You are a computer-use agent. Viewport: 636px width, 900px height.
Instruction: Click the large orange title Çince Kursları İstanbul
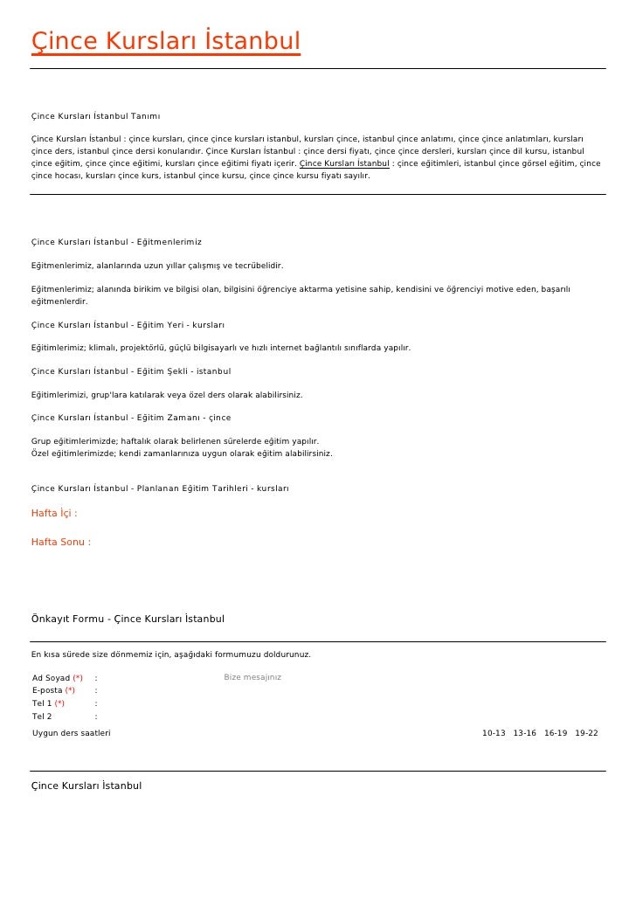pos(165,41)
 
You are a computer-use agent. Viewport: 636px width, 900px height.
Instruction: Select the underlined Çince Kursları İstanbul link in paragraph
pos(344,163)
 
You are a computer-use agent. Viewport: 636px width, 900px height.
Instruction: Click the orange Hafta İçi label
pos(54,514)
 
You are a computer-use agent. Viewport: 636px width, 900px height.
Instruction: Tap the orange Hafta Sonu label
pos(61,543)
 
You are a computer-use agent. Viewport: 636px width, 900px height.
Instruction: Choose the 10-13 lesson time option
pos(494,734)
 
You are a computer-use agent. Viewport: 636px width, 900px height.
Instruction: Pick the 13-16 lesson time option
pos(524,734)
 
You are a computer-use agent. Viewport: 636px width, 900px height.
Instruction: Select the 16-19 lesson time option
pos(556,734)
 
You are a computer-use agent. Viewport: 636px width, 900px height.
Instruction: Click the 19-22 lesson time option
pos(586,734)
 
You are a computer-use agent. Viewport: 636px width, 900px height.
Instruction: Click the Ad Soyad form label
pos(51,678)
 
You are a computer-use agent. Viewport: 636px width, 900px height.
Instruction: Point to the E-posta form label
pos(48,691)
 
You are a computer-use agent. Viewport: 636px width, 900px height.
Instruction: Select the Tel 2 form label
pos(42,717)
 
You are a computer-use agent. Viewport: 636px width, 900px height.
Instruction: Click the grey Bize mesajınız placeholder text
pos(252,677)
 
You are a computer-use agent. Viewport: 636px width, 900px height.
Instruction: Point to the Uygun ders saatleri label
pos(72,734)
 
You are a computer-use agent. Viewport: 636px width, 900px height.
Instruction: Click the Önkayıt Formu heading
pos(128,620)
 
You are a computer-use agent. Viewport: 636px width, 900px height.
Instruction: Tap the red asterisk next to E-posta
pos(70,691)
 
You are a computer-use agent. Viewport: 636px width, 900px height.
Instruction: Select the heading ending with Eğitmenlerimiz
pos(116,242)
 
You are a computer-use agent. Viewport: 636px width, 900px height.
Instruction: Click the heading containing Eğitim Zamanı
pos(131,418)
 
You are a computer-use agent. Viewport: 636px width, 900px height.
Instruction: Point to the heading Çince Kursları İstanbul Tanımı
pos(95,116)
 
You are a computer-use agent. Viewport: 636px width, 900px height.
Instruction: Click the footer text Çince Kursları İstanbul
pos(86,786)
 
